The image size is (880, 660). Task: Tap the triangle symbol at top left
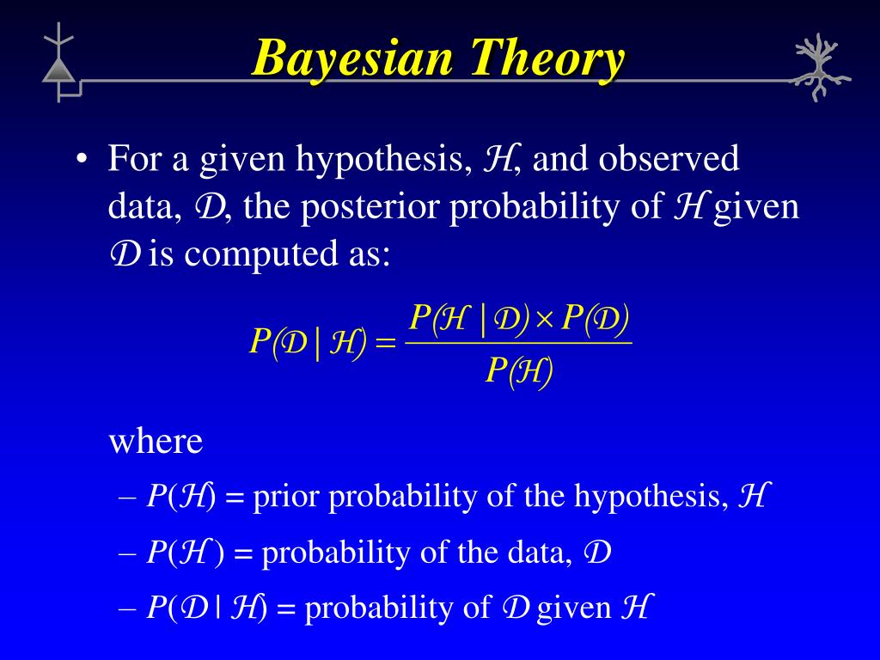click(x=59, y=70)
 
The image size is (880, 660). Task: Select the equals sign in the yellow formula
click(x=386, y=344)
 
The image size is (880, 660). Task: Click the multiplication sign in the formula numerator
click(x=546, y=320)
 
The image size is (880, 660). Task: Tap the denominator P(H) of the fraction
click(x=518, y=372)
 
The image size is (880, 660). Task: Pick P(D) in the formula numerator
click(x=595, y=319)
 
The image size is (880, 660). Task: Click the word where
click(x=156, y=442)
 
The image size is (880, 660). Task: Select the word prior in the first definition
click(x=287, y=497)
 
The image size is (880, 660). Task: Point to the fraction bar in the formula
click(x=518, y=344)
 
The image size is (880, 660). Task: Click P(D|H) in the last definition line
click(x=207, y=608)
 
